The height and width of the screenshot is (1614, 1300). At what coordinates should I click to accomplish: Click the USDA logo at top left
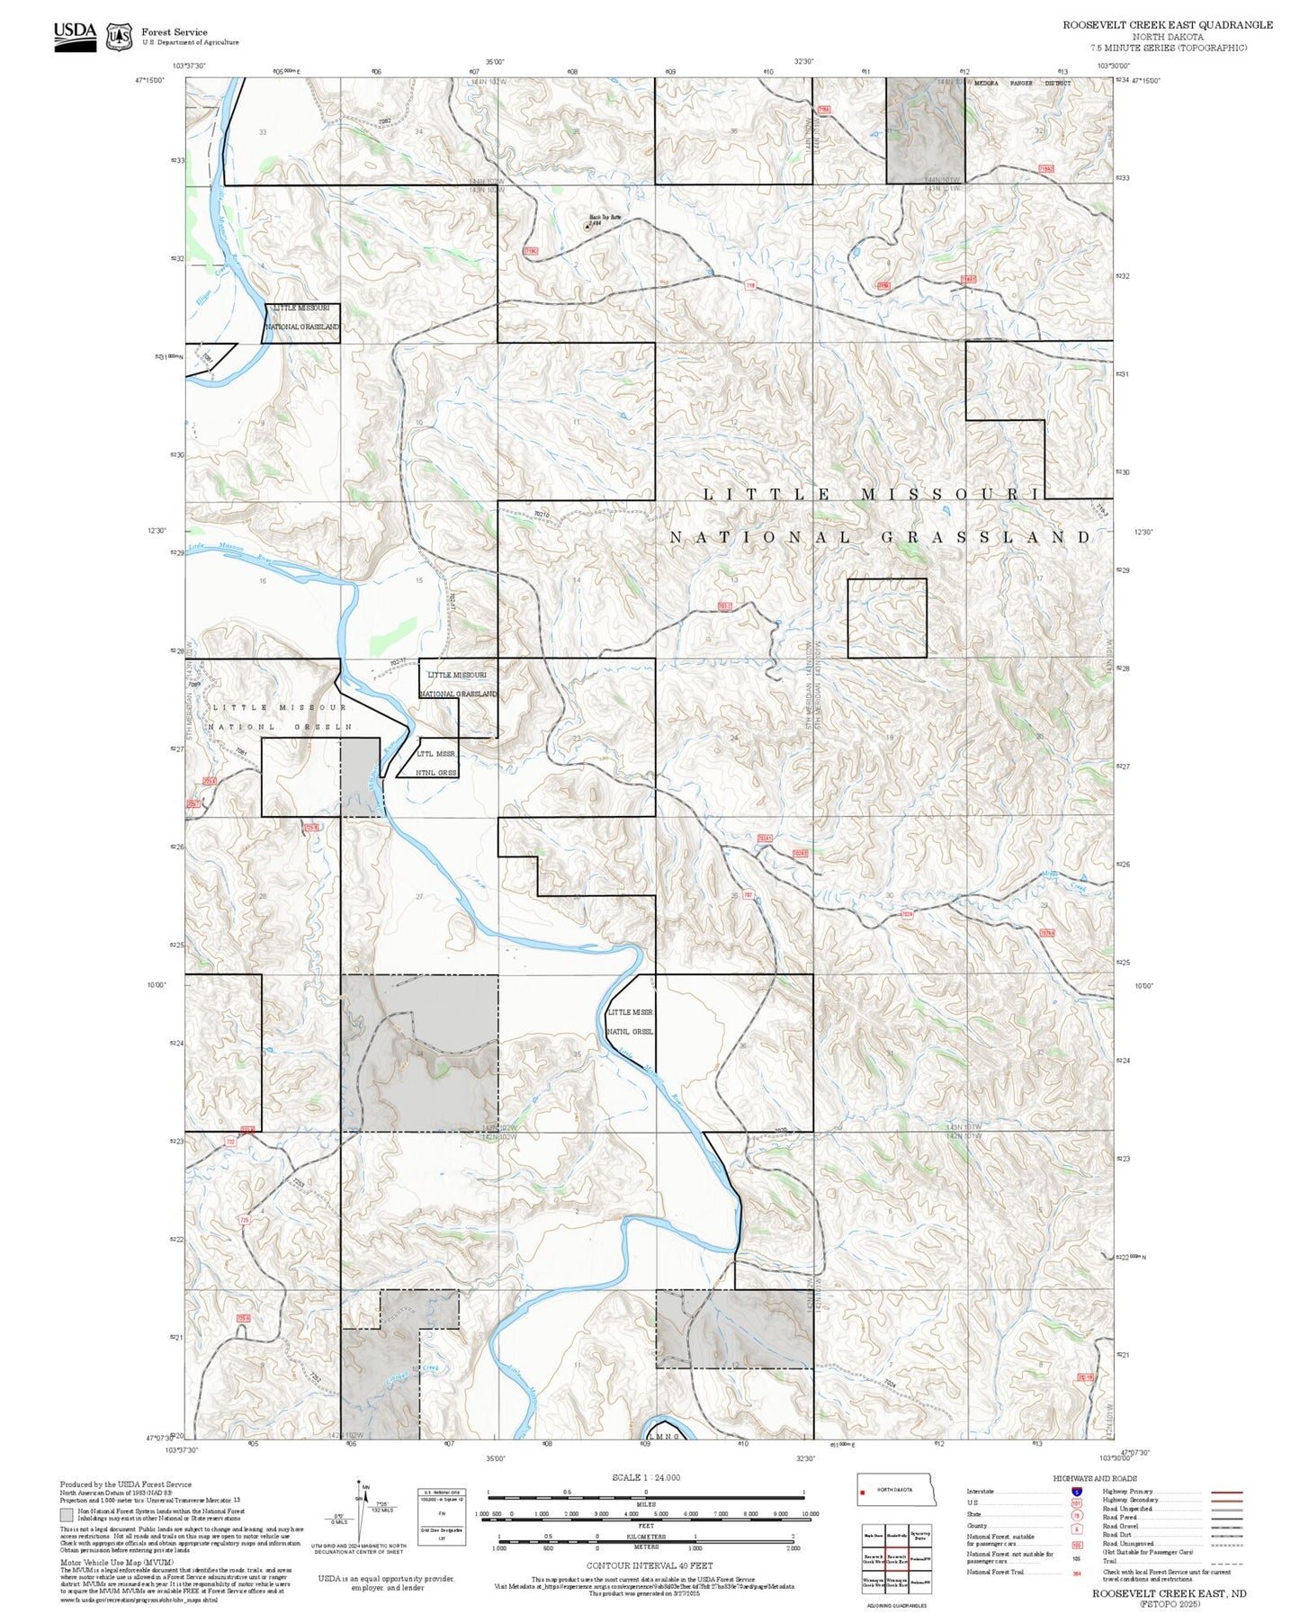75,36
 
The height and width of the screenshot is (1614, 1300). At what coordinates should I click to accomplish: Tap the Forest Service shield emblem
119,37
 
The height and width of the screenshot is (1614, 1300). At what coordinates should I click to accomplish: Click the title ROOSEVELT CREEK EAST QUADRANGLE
1167,25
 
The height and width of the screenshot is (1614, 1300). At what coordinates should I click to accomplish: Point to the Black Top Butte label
605,217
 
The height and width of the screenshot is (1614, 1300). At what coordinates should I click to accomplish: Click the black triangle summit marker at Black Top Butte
587,227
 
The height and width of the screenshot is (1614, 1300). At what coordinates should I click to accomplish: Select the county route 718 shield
749,285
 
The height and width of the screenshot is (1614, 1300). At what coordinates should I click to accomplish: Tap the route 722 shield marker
230,1142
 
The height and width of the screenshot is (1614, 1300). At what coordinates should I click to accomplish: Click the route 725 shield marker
244,1220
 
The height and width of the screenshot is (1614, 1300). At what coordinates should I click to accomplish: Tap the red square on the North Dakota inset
864,1492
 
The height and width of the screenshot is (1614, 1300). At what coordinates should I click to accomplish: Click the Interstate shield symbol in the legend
1077,1492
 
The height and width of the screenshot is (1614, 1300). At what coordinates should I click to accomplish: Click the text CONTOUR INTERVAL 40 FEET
645,1565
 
